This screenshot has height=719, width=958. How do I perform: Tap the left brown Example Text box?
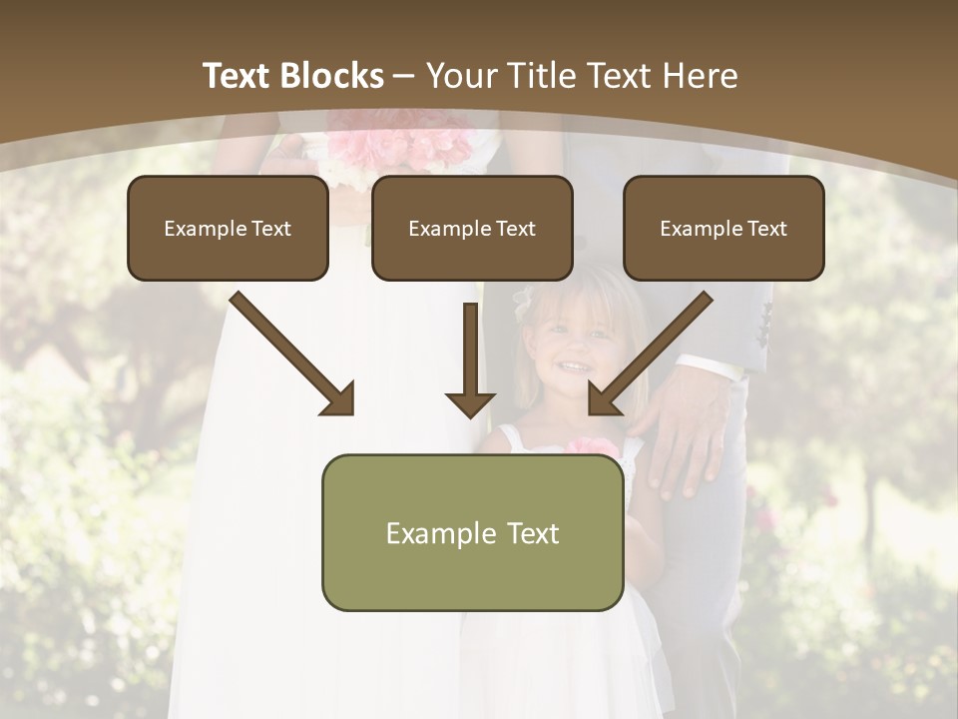[228, 228]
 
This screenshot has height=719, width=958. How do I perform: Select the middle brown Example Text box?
[472, 228]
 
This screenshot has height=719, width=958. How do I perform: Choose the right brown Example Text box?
[723, 228]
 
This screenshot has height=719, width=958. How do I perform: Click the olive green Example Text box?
[472, 532]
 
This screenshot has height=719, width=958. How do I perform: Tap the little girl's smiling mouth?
[573, 367]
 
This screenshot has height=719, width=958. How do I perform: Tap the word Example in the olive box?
[434, 533]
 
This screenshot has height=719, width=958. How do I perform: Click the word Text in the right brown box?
[766, 229]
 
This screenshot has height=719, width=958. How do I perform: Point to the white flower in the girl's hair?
[523, 299]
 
